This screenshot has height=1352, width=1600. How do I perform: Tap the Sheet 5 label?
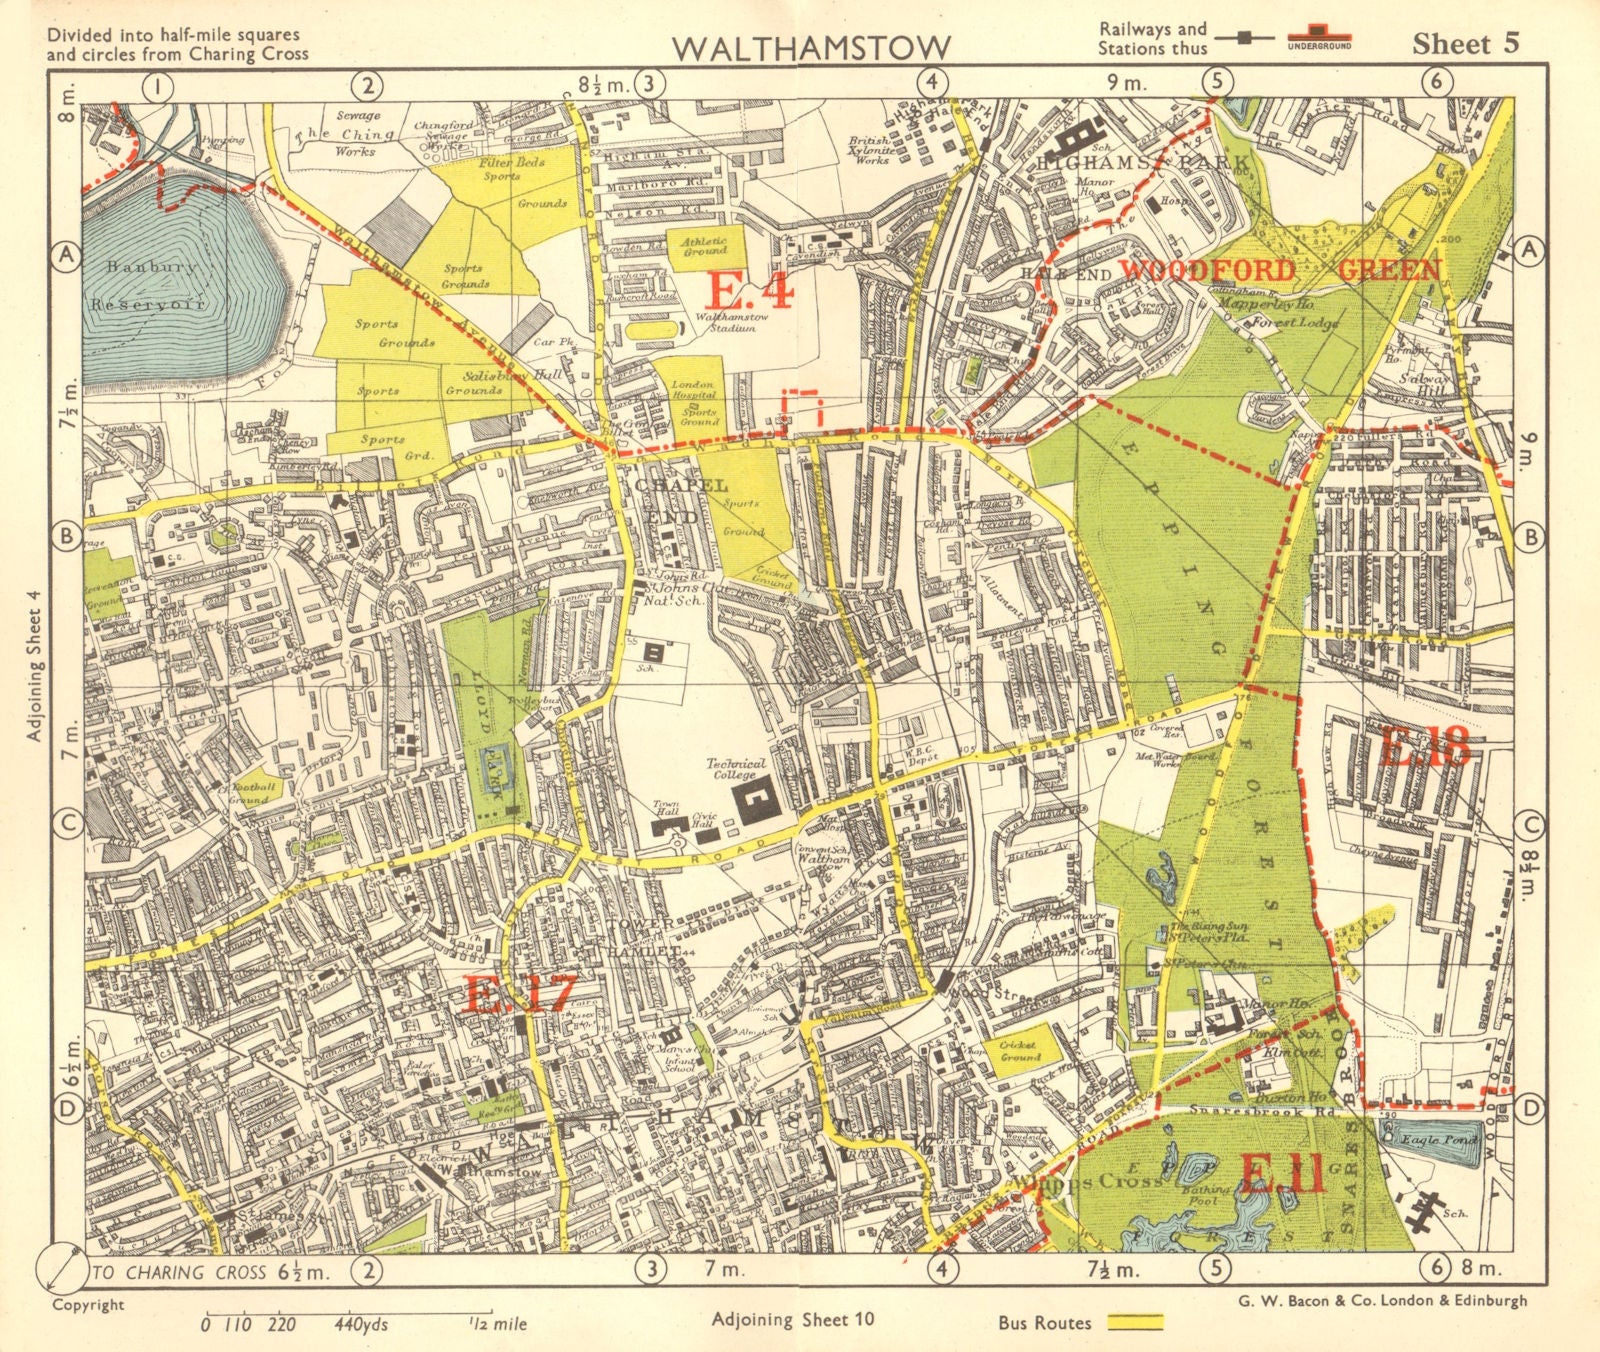[1465, 43]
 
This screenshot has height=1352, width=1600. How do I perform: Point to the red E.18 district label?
[1425, 745]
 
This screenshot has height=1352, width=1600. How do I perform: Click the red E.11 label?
[1283, 1174]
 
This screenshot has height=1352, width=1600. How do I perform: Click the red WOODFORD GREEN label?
[1280, 270]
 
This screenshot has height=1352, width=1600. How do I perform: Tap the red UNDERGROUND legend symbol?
[1318, 41]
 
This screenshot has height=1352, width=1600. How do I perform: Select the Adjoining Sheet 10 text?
[794, 1319]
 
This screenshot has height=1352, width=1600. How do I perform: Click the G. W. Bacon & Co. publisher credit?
[1374, 1300]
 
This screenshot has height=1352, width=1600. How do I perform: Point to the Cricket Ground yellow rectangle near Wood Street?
[1019, 1052]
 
